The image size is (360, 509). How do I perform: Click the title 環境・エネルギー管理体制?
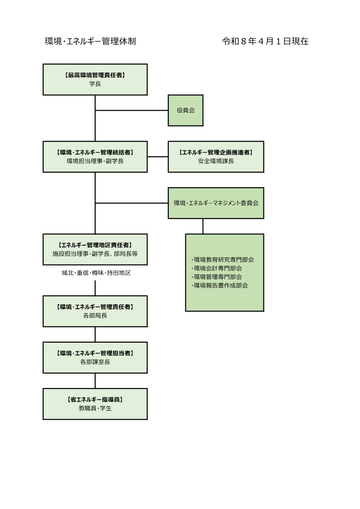[x=91, y=42]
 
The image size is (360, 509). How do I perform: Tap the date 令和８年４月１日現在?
[x=265, y=42]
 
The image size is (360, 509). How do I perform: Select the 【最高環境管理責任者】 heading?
[x=95, y=76]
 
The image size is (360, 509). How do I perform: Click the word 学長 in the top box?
[x=95, y=84]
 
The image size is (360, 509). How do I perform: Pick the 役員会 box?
[x=185, y=110]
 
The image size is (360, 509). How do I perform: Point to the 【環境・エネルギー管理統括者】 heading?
[x=95, y=153]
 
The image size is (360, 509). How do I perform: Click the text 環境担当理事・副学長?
[x=95, y=161]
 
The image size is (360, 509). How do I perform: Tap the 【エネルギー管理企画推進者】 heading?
[x=216, y=153]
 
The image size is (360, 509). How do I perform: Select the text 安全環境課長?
[x=216, y=161]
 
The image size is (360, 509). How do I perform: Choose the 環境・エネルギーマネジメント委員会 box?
[x=216, y=203]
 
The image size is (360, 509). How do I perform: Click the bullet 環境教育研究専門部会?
[x=223, y=260]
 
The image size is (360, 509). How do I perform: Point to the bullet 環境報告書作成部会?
[x=220, y=285]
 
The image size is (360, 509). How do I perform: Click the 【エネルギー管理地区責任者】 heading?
[x=95, y=245]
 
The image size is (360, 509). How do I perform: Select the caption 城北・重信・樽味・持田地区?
[x=96, y=273]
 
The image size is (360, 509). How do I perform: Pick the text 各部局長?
[x=95, y=315]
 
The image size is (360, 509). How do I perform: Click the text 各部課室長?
[x=95, y=362]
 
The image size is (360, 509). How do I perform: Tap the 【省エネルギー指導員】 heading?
[x=95, y=400]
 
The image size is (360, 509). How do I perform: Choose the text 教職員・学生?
[x=95, y=408]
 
